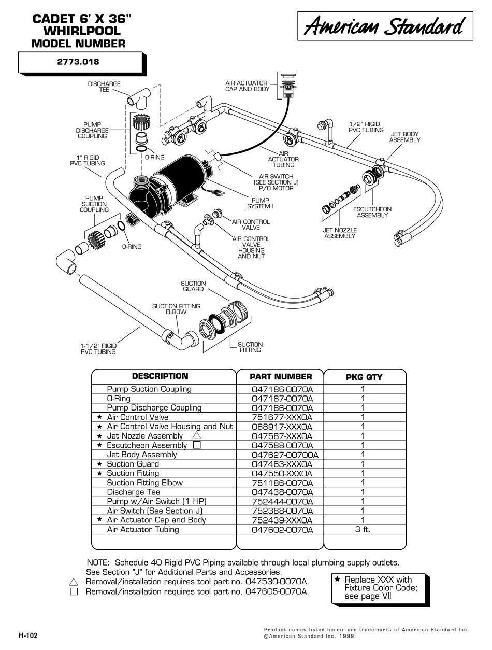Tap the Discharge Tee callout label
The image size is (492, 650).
pos(104,87)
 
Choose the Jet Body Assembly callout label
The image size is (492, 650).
pos(404,137)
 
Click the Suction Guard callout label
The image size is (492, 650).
pos(193,286)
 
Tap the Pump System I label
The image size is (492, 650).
pos(260,203)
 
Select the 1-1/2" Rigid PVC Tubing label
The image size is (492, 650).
pos(98,348)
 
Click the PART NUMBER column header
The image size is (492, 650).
pos(281,377)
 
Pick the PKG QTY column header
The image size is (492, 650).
pos(364,377)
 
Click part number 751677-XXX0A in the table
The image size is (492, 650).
pos(281,417)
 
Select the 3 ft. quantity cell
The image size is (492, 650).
pos(363,529)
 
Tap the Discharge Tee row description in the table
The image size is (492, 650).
pos(134,492)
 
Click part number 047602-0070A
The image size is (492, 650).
pos(281,529)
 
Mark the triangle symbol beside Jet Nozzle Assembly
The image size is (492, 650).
pos(196,436)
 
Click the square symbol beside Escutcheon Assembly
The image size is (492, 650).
pos(196,445)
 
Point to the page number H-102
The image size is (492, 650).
pos(28,635)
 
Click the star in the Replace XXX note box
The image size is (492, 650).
pos(337,580)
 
